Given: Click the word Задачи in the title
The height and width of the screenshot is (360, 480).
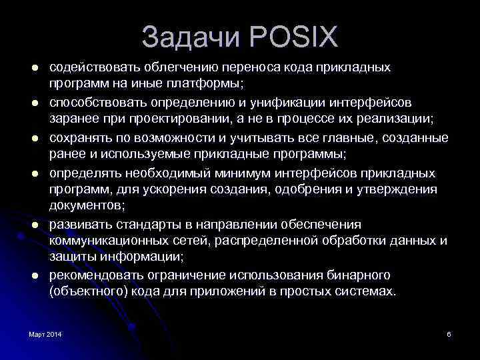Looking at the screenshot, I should pos(192,37).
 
